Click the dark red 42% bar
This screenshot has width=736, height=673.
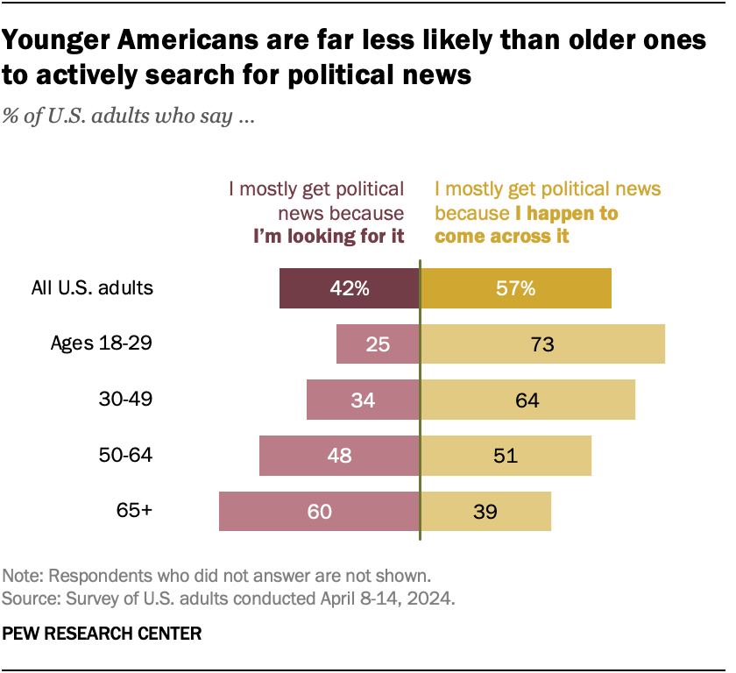(x=350, y=288)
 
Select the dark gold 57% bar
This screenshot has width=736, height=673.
(x=516, y=288)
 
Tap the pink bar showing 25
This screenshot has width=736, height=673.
(x=378, y=344)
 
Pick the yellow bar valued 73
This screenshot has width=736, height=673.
(x=542, y=344)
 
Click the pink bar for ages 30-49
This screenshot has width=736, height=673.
(x=363, y=400)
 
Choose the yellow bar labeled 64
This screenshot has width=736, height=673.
(x=527, y=400)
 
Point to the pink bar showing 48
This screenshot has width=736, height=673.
(x=339, y=456)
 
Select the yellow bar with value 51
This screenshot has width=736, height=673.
(x=506, y=456)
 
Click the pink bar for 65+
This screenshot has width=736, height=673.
(x=319, y=512)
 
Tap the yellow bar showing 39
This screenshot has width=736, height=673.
(x=485, y=512)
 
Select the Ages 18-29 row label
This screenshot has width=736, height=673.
(x=103, y=344)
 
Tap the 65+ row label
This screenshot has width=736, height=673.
(x=135, y=511)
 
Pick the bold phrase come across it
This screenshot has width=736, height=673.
(x=502, y=237)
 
